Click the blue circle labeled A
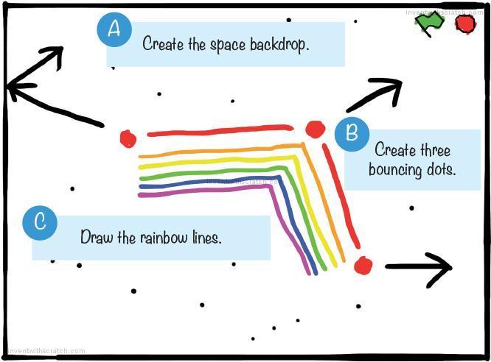114,29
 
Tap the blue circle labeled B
352,133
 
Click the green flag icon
429,23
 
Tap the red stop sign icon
465,24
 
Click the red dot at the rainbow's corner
316,129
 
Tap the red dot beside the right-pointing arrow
363,265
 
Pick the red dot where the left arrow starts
128,138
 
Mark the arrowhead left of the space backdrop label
13,88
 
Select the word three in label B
434,150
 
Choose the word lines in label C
205,238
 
